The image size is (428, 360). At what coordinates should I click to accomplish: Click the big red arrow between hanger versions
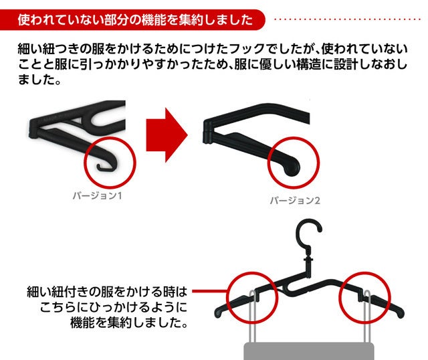[167, 135]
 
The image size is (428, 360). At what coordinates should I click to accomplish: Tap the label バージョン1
[97, 195]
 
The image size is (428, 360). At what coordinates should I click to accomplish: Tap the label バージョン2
[295, 201]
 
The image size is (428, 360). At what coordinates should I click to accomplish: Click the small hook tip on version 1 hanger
[98, 167]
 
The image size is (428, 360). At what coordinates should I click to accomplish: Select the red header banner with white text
[132, 19]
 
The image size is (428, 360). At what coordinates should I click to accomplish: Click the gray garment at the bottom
[308, 351]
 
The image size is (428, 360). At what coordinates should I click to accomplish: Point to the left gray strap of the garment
[253, 317]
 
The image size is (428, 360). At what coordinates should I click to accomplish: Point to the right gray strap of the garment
[367, 317]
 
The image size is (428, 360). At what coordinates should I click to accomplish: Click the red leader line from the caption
[209, 292]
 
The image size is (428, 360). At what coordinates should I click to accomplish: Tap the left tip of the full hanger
[217, 314]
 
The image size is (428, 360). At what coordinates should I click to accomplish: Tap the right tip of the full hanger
[401, 314]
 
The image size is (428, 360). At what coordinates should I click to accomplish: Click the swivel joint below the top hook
[308, 259]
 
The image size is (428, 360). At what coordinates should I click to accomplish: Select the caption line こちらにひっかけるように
[114, 307]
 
